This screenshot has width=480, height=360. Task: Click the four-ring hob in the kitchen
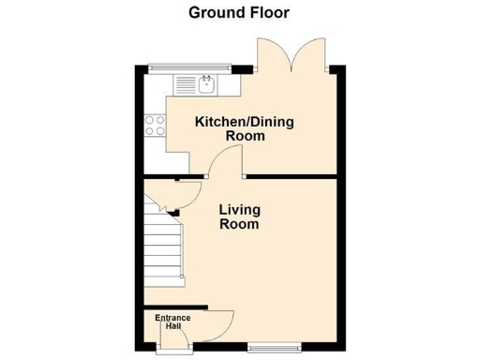click(155, 127)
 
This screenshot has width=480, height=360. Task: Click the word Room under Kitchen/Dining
click(246, 137)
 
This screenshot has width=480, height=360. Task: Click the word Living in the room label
click(240, 209)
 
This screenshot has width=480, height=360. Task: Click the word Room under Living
click(239, 225)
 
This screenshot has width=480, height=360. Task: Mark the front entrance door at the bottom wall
click(172, 349)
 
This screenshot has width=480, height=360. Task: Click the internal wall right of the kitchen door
click(291, 175)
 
